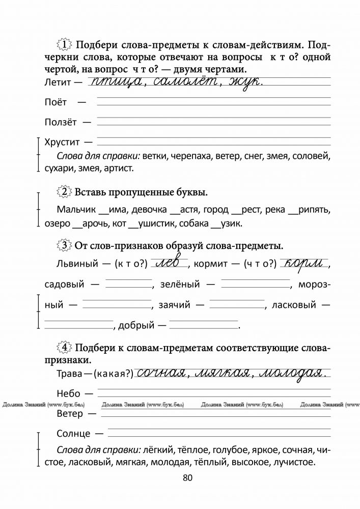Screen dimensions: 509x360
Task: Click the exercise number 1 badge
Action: [65, 44]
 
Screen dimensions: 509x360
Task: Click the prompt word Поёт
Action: [56, 102]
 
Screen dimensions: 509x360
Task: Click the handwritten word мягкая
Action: [223, 373]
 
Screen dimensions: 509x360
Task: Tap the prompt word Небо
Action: [68, 393]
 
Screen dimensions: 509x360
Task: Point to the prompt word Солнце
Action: [74, 434]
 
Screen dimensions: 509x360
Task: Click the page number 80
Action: [187, 477]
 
